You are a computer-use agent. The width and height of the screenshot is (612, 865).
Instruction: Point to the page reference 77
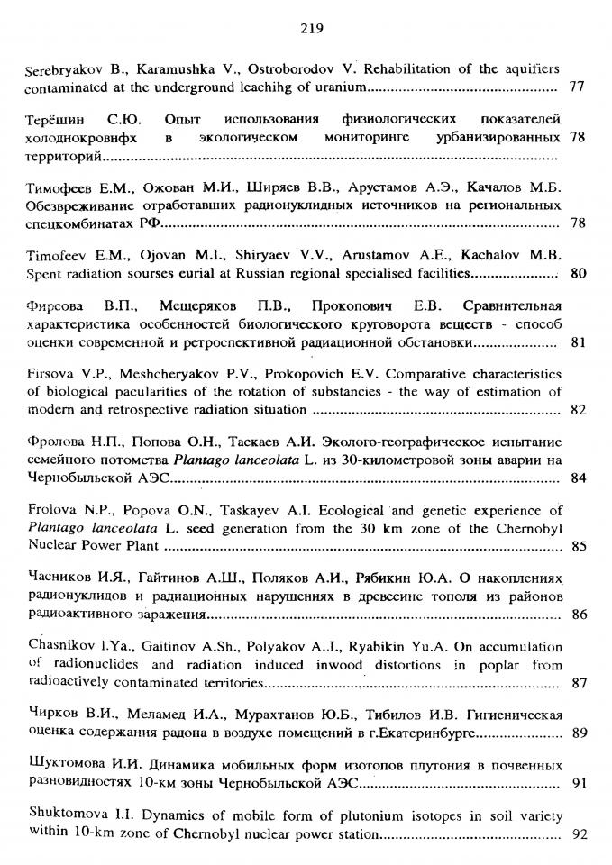578,86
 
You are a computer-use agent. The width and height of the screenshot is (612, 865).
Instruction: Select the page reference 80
579,273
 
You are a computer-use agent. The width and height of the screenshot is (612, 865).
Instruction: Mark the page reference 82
579,410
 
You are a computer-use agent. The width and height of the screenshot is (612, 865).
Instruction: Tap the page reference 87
579,683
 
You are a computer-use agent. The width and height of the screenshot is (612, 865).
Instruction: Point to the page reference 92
579,833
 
